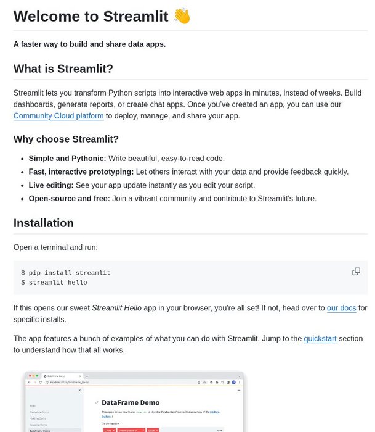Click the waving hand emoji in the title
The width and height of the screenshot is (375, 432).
182,16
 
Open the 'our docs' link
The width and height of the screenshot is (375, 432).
341,307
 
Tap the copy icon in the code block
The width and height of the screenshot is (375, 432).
356,272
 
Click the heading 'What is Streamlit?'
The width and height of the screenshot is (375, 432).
63,69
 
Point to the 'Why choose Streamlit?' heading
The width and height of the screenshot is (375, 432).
66,139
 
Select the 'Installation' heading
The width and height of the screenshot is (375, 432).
44,223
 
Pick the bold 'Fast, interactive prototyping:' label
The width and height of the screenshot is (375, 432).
81,172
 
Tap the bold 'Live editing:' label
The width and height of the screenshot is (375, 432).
51,185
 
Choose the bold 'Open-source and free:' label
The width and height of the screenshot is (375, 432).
69,199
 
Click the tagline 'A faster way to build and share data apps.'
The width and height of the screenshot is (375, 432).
89,44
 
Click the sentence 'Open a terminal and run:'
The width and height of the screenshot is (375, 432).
55,247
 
